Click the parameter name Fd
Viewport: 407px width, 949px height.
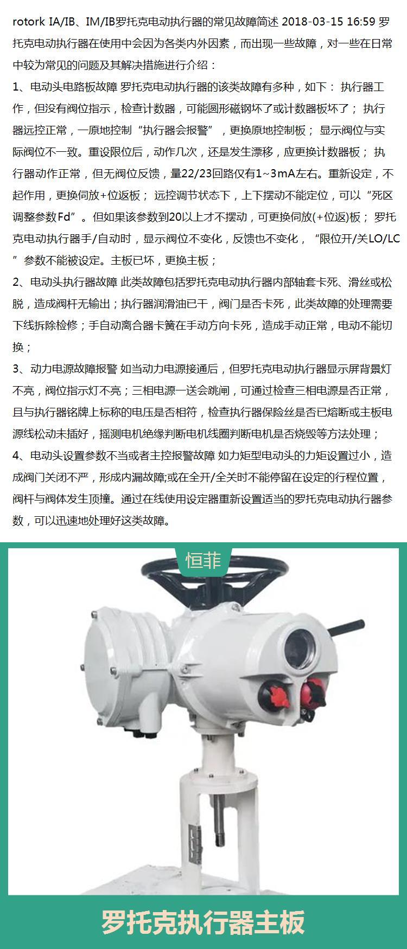pyautogui.click(x=64, y=217)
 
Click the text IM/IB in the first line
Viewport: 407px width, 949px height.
pyautogui.click(x=101, y=22)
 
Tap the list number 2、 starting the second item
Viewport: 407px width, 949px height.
pyautogui.click(x=20, y=283)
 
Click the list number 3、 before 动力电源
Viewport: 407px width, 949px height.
pyautogui.click(x=20, y=369)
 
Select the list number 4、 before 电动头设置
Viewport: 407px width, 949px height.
pyautogui.click(x=20, y=456)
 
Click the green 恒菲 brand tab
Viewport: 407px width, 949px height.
pyautogui.click(x=203, y=561)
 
